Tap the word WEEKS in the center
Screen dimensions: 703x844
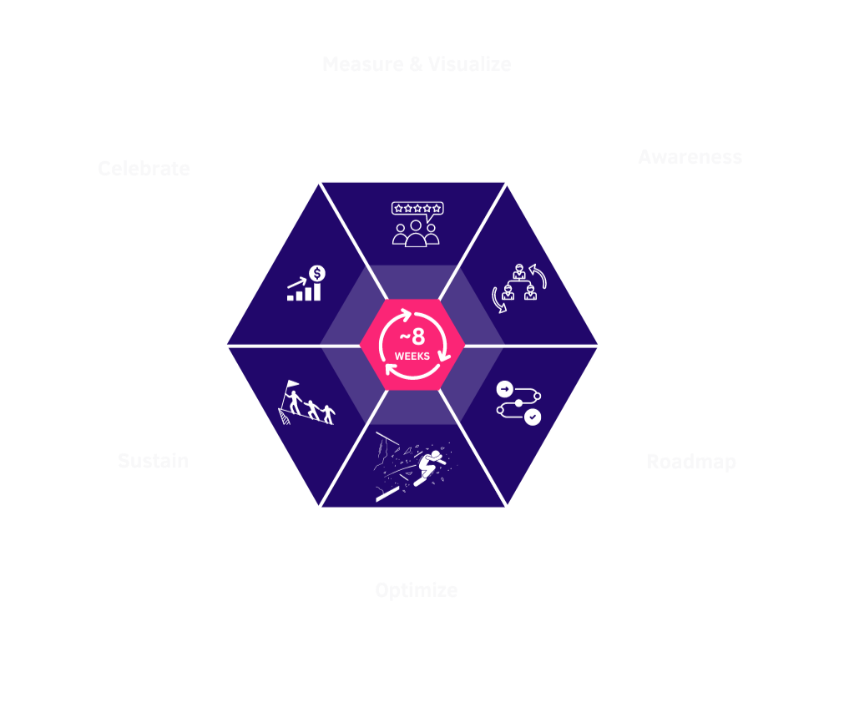(412, 356)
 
